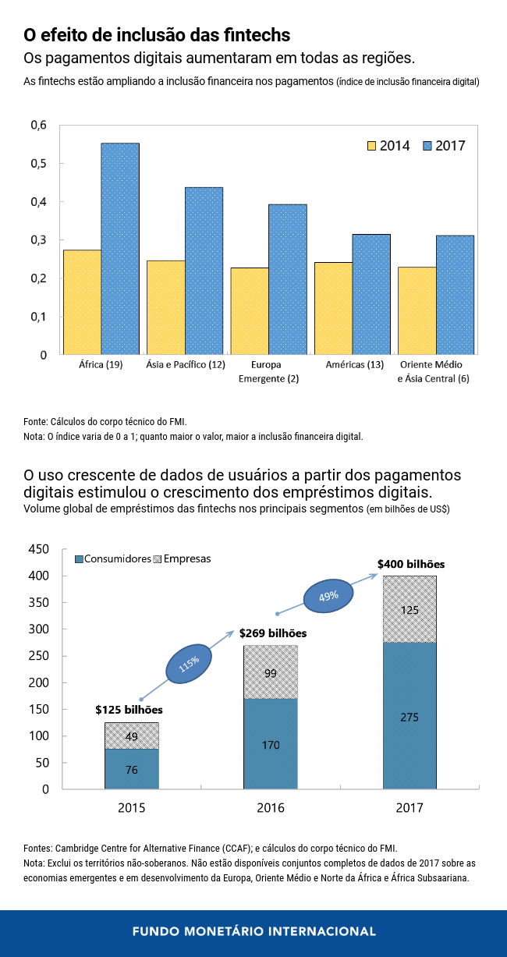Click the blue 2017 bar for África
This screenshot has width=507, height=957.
coord(120,248)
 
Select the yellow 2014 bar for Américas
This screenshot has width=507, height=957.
coord(333,308)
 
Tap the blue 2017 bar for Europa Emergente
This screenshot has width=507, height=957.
coord(288,279)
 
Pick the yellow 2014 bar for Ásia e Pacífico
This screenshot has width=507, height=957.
coord(166,307)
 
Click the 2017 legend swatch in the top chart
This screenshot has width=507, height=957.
coord(427,146)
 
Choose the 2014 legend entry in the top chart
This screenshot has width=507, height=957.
coord(388,146)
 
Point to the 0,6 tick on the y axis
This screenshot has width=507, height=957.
coord(38,126)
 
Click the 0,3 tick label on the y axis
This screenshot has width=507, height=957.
coord(38,240)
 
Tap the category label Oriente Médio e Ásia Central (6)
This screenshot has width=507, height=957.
coord(431,371)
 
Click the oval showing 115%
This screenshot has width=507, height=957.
coord(188,663)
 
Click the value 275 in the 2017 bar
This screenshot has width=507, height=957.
coord(409,717)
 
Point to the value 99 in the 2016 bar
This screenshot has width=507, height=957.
coord(271,672)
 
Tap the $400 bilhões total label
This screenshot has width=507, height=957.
coord(410,563)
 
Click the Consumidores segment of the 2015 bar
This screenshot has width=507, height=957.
coord(132,769)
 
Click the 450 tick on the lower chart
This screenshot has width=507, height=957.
coord(38,549)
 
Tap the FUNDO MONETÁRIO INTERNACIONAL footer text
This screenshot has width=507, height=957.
coord(253,931)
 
